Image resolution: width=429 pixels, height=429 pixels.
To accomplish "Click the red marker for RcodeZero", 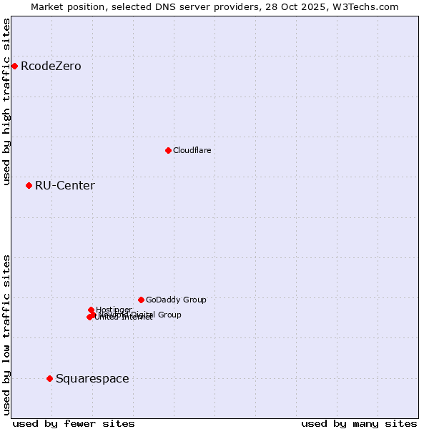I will (14, 66).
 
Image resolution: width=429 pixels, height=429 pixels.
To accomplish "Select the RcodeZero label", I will (51, 66).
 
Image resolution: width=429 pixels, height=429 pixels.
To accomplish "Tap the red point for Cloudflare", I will (168, 150).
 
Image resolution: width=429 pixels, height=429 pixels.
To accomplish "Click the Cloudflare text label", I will (192, 150).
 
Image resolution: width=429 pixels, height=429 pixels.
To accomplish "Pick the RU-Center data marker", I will (29, 186).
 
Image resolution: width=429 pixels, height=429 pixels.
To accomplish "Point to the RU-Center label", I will (64, 186).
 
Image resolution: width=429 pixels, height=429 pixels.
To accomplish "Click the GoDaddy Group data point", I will (141, 300).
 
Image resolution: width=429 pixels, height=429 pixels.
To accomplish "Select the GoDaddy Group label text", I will (176, 300).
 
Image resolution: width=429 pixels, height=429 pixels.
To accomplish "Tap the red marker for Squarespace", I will (49, 378).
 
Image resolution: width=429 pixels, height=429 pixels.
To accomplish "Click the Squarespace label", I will (92, 378).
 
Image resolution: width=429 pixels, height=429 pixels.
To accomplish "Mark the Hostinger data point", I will (91, 310).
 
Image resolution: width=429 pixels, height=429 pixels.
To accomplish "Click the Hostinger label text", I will (114, 310).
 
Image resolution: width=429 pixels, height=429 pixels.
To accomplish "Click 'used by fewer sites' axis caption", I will (74, 423).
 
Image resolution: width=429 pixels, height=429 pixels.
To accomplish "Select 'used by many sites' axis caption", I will (359, 423).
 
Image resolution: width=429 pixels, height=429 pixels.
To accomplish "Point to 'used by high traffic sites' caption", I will (7, 102).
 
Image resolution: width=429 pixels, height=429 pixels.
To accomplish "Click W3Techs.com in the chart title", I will (368, 6).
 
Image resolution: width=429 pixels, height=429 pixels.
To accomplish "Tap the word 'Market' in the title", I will (47, 6).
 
